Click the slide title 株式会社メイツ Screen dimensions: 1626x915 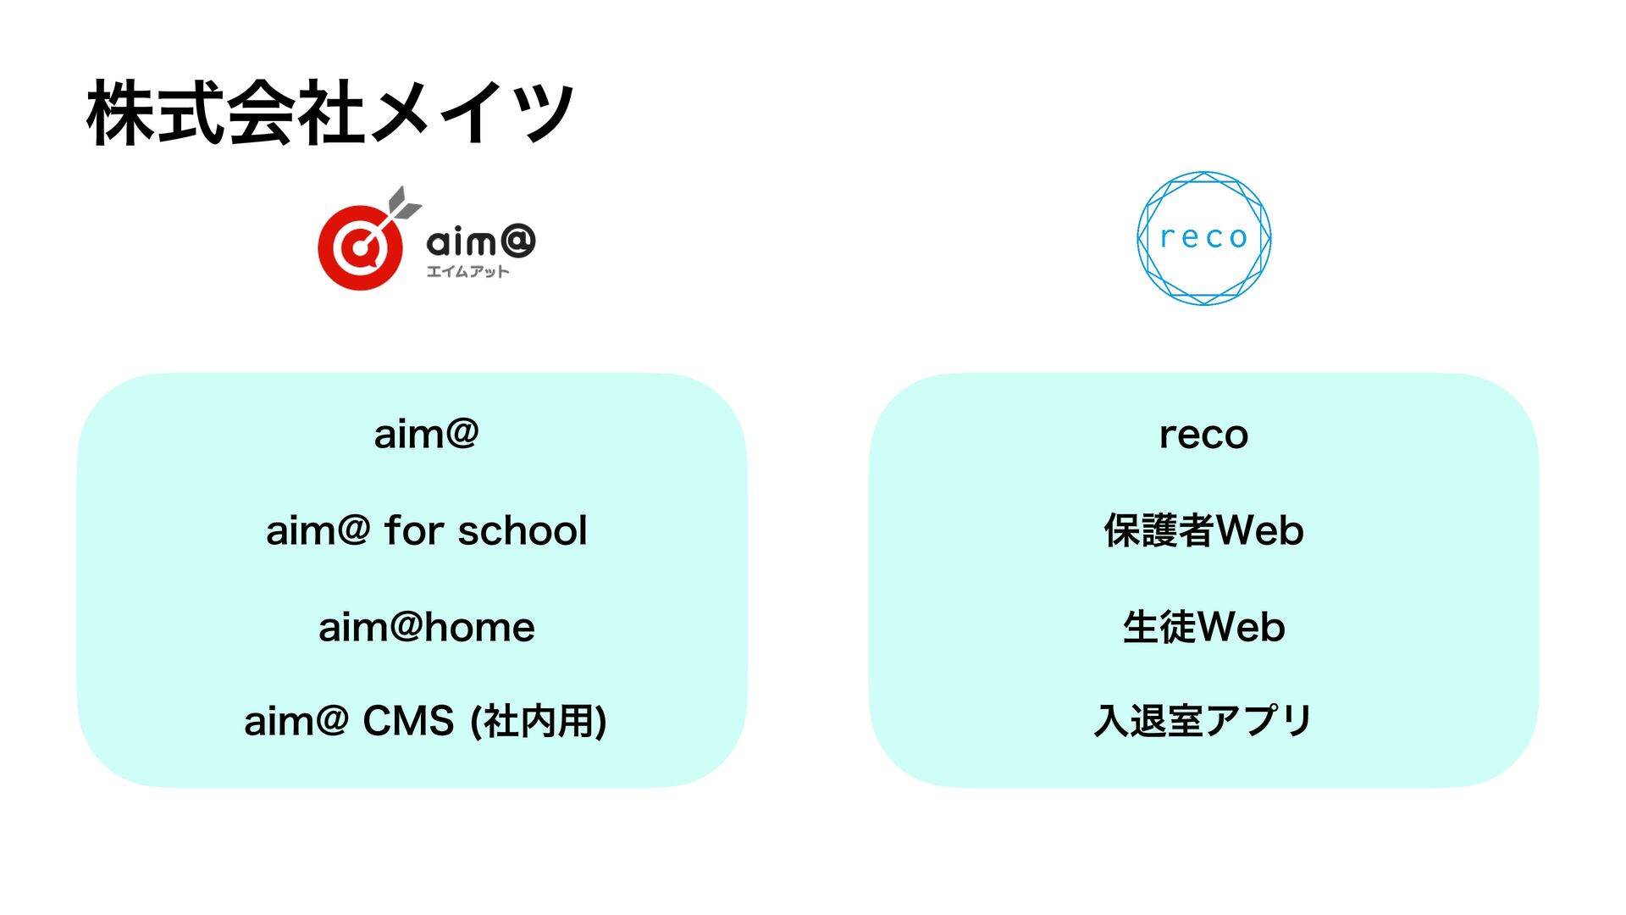coord(330,113)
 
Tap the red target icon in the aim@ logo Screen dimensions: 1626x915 coord(361,247)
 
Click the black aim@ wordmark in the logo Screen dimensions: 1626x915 coord(480,242)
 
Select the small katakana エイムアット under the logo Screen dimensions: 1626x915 coord(467,271)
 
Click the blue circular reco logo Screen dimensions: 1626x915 coord(1203,238)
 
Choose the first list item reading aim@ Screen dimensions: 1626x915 coord(426,435)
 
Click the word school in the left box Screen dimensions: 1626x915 coord(523,531)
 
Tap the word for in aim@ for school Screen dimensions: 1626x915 coord(414,531)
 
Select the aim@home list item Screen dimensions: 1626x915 coord(426,628)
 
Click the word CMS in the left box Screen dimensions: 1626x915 coord(408,721)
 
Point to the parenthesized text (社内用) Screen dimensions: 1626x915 coord(539,722)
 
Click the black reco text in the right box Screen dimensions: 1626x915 coord(1203,435)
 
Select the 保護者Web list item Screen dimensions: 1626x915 coord(1203,531)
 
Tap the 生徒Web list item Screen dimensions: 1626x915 coord(1203,628)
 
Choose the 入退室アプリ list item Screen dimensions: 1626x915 coord(1203,721)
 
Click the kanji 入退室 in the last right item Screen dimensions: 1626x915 coord(1148,721)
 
